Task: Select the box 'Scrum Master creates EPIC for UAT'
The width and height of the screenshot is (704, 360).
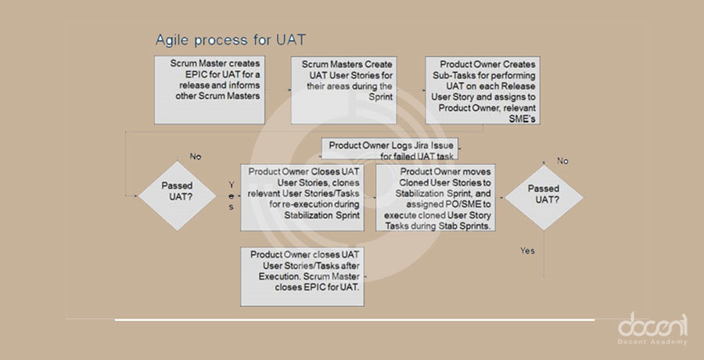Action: coord(207,89)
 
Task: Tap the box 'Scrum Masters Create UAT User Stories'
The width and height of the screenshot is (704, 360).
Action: coord(341,89)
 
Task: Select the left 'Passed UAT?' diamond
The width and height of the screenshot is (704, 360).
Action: coord(177,193)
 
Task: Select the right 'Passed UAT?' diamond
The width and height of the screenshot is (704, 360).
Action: coord(543,195)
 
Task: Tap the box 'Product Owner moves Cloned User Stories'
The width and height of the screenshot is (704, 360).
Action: coord(436,196)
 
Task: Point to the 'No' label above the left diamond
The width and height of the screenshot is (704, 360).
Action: coord(195,157)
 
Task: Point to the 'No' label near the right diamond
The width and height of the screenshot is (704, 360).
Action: coord(562,160)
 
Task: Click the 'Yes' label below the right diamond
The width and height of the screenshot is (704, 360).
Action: coord(527,250)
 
